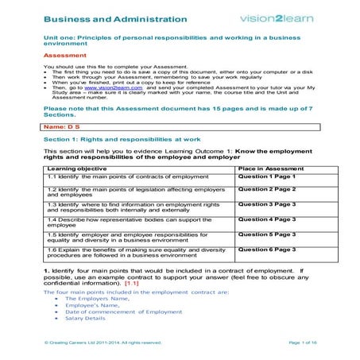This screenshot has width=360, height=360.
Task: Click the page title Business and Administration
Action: tap(116, 18)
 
